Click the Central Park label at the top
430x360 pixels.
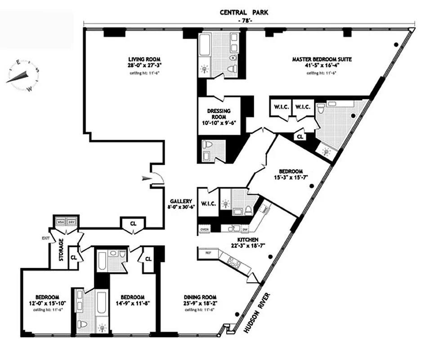(244, 13)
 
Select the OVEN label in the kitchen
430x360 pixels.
(205, 230)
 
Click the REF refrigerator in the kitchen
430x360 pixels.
(208, 253)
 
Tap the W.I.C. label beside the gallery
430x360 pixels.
(208, 204)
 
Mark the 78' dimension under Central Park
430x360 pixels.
(243, 22)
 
